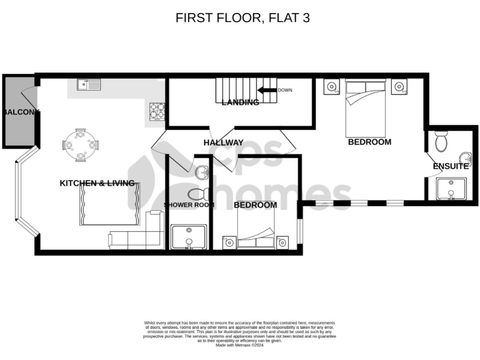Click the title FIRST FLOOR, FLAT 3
(x=242, y=18)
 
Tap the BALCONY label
(x=21, y=112)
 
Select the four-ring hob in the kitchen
(x=156, y=111)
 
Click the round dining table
(x=81, y=146)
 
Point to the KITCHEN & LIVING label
(x=97, y=183)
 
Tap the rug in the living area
(x=109, y=204)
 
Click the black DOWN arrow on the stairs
(x=267, y=91)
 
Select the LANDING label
(x=241, y=102)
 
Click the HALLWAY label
(x=223, y=143)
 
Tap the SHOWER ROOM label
(x=189, y=205)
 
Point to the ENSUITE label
(x=451, y=166)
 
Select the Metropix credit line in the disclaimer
(x=240, y=345)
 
